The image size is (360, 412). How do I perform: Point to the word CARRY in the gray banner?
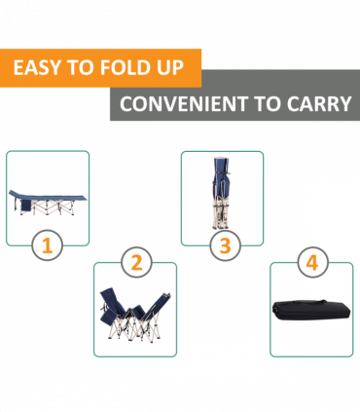(x=319, y=104)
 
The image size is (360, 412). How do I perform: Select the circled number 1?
(x=48, y=245)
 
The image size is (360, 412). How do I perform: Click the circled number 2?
(x=136, y=263)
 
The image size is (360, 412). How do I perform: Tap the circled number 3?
(x=225, y=245)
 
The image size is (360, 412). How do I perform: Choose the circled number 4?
(x=312, y=262)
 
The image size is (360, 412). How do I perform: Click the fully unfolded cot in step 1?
(x=48, y=202)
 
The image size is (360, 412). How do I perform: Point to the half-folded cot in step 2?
(x=135, y=315)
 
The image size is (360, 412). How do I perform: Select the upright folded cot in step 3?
(x=222, y=193)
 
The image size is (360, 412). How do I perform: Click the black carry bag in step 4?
(x=311, y=310)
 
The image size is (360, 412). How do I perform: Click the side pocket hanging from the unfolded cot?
(x=26, y=206)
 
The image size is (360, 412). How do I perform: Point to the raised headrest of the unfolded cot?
(x=17, y=194)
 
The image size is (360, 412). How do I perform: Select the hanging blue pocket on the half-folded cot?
(x=107, y=316)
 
